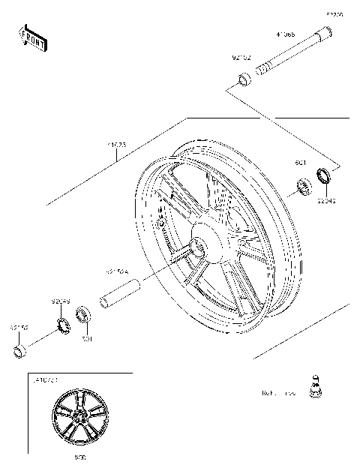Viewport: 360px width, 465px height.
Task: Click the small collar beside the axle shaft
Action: pos(245,79)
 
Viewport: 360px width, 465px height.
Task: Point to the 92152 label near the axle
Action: pos(241,57)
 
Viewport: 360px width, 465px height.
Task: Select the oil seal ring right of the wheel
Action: pos(325,177)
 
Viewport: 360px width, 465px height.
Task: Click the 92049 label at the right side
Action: pos(326,200)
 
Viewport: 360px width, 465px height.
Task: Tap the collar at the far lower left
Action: pos(21,351)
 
